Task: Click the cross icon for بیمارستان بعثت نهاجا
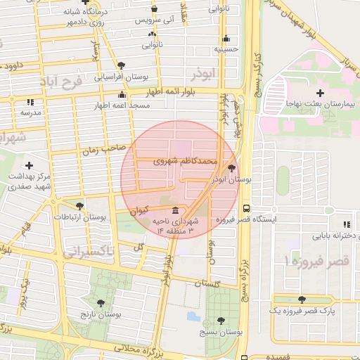tap(321, 93)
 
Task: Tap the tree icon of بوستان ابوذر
tap(233, 167)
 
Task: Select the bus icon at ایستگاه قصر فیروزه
tap(246, 208)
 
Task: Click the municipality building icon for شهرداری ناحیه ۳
tap(174, 210)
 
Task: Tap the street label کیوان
tap(140, 210)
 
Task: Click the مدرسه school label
tap(30, 112)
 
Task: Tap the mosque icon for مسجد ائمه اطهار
tap(122, 94)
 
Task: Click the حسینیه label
tap(225, 50)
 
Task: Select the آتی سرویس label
tap(153, 21)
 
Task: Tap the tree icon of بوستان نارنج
tap(101, 303)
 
